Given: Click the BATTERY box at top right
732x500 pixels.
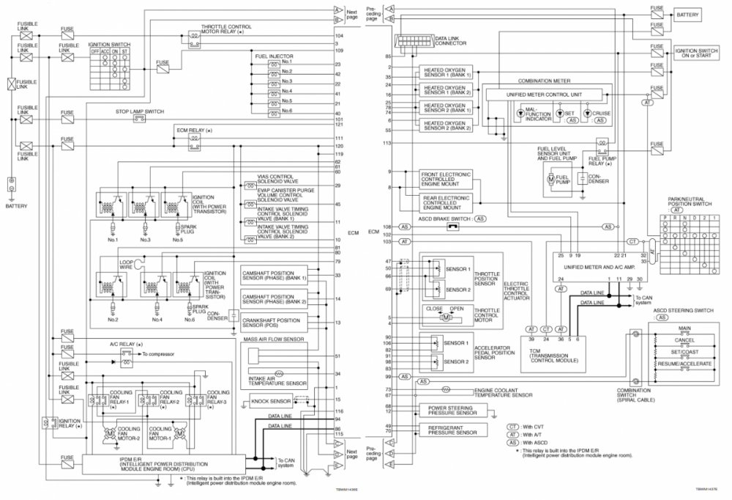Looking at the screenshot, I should [x=687, y=14].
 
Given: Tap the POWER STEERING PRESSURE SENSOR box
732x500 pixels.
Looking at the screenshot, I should [x=448, y=410].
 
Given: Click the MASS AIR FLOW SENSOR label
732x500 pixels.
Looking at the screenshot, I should [x=273, y=340].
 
